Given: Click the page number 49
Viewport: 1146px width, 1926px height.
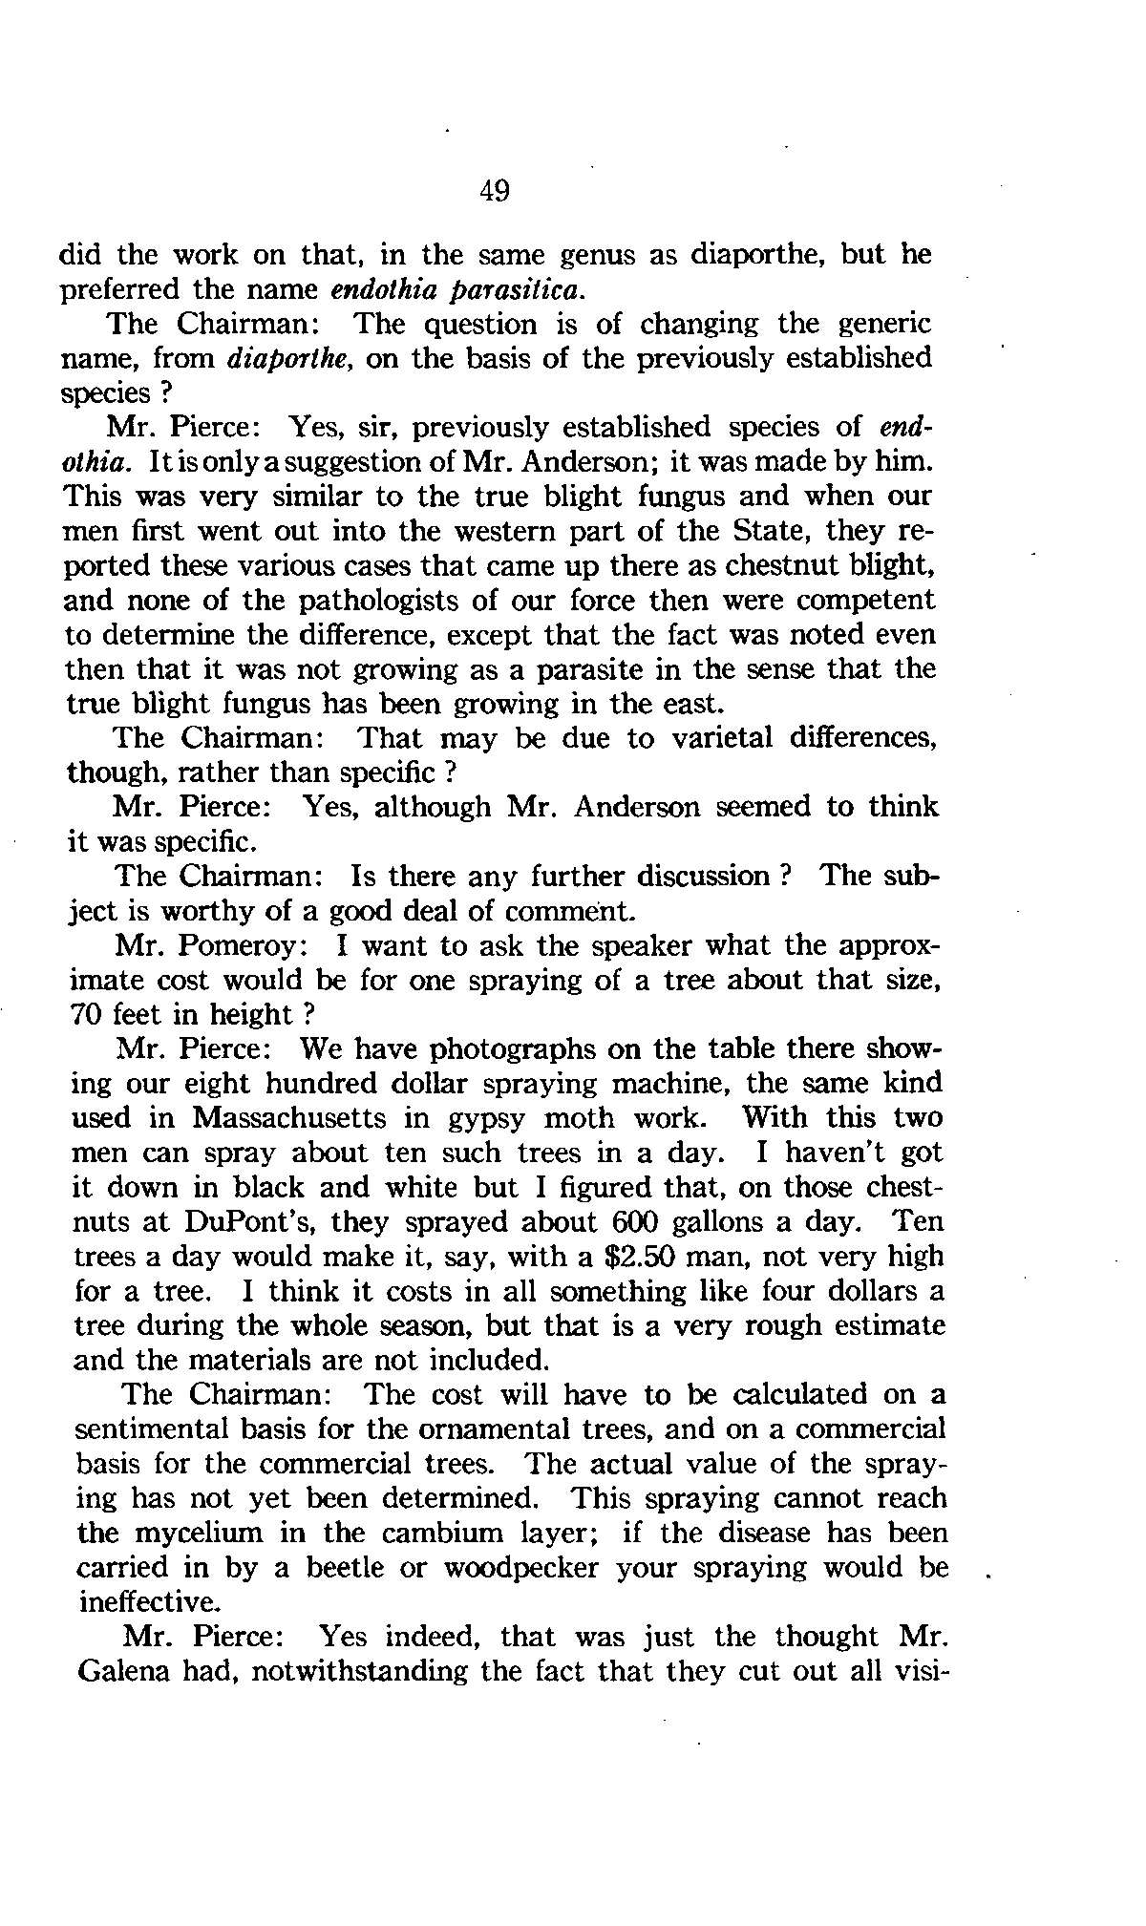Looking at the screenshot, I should tap(495, 192).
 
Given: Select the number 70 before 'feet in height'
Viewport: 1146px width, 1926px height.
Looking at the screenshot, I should tap(89, 1014).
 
